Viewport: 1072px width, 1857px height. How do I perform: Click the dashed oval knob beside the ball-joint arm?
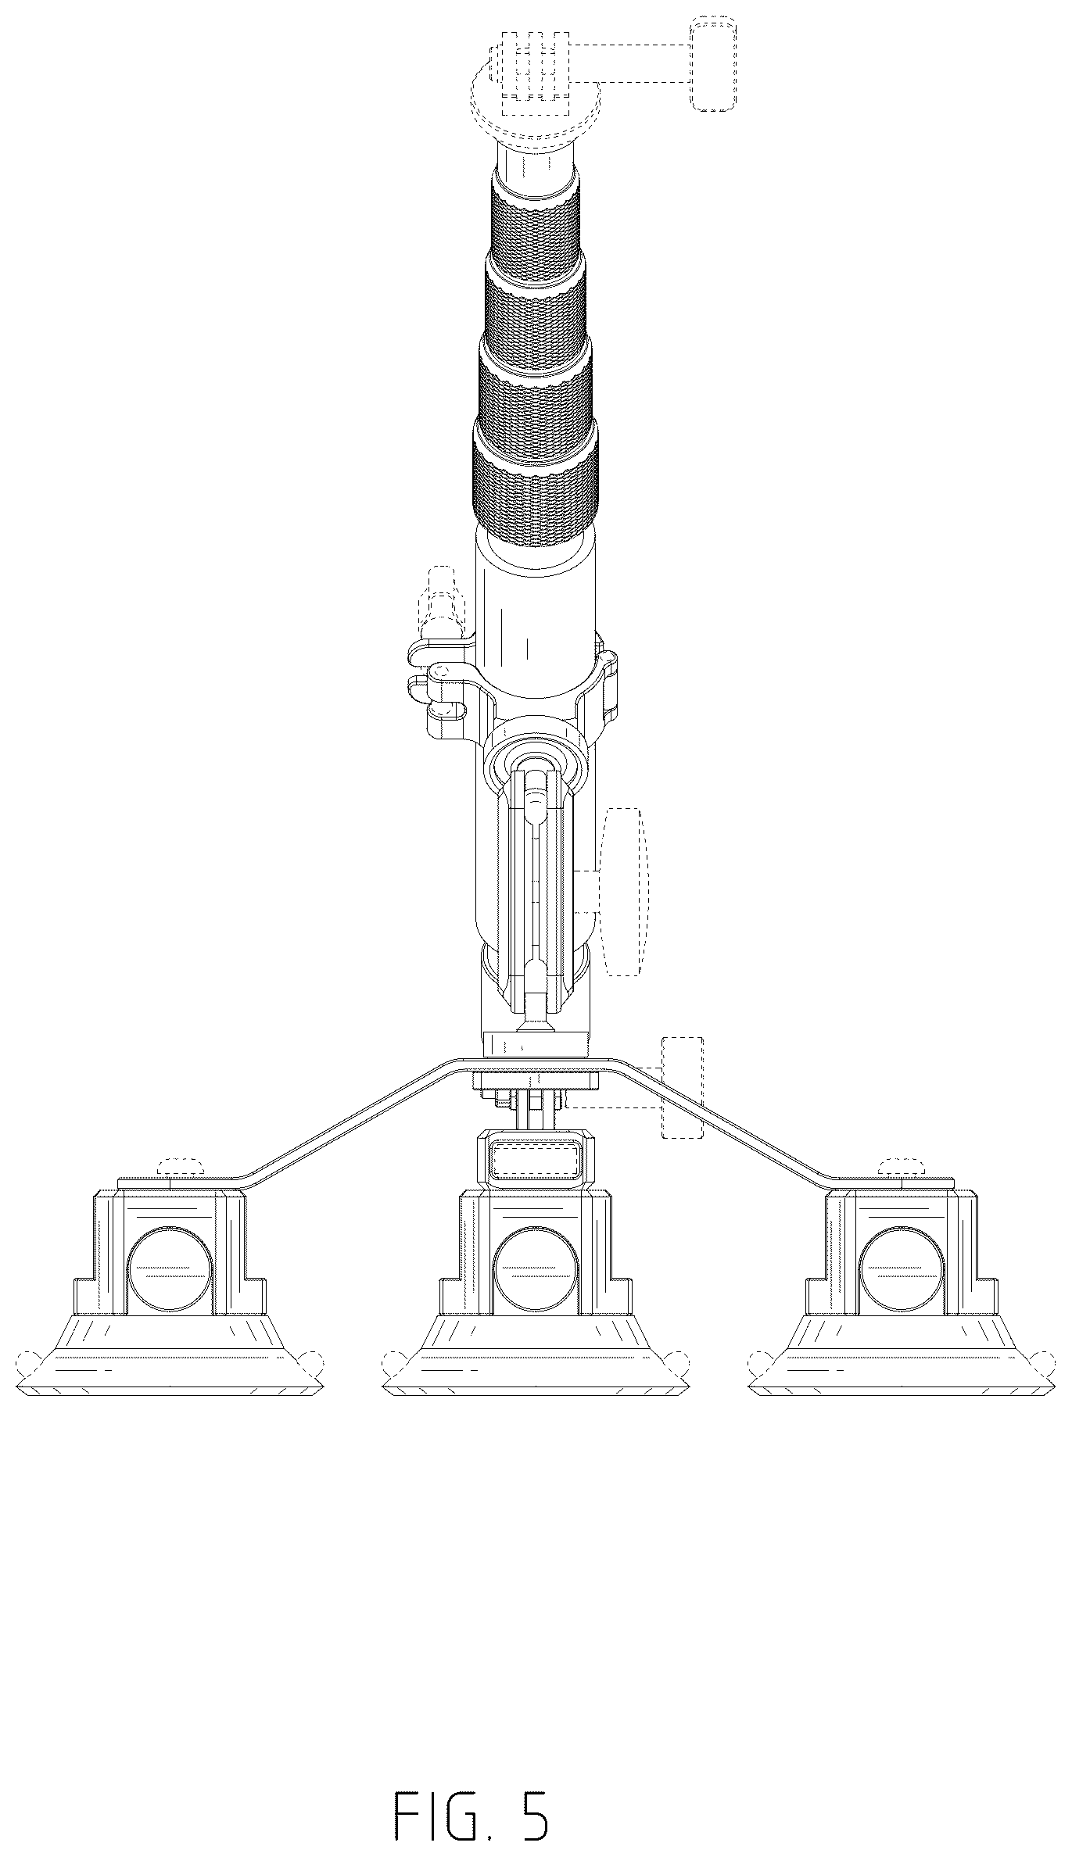pyautogui.click(x=625, y=891)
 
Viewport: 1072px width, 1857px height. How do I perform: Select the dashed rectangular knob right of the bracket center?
pyautogui.click(x=683, y=1087)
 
